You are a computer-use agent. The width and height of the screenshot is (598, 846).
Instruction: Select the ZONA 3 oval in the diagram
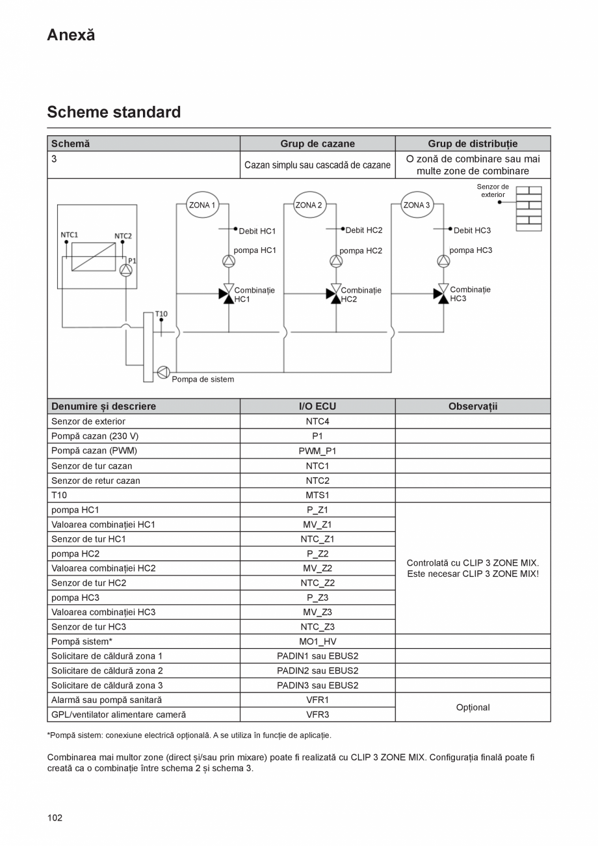tap(417, 205)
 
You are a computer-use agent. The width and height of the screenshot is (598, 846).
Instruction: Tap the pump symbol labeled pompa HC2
tap(336, 261)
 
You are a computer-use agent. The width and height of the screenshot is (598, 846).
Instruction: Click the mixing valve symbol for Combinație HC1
tap(227, 294)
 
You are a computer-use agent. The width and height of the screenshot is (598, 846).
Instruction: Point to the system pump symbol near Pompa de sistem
tap(163, 372)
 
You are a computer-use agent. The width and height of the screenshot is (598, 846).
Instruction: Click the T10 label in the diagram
tap(161, 314)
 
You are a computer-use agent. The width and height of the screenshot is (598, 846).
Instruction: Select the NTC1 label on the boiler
tap(69, 235)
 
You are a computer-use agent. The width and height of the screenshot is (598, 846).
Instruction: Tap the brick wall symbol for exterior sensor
tap(528, 209)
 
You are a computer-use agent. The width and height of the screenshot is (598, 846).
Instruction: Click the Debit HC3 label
tap(472, 230)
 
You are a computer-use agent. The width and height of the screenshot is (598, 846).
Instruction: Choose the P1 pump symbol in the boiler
tap(126, 270)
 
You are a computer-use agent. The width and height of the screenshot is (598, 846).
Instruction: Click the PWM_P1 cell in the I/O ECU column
tap(317, 451)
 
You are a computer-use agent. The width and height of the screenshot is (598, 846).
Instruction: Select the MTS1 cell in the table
tap(317, 495)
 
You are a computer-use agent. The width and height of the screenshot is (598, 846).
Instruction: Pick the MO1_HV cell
tap(317, 641)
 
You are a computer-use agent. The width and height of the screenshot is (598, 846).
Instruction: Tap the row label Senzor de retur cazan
tap(96, 481)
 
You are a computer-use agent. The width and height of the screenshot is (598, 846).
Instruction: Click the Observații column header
tap(473, 406)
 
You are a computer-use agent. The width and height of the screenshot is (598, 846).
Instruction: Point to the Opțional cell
tap(473, 707)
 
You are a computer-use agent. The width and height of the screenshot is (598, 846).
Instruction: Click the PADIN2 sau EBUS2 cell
tap(317, 670)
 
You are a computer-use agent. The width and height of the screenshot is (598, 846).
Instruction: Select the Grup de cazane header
tap(317, 144)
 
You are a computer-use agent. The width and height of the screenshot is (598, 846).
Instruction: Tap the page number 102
tap(55, 818)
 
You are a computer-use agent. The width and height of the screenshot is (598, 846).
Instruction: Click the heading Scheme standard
tap(114, 112)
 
